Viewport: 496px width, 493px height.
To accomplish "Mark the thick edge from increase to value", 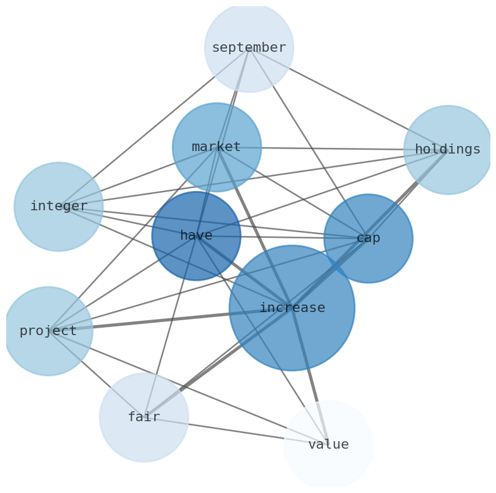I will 310,376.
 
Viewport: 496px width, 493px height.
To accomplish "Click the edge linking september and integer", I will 154,127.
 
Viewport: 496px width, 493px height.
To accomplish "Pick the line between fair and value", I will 236,431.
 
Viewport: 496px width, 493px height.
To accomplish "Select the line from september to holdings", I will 348,99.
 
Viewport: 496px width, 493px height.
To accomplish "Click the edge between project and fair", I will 96,374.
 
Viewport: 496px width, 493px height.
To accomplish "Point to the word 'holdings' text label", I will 448,150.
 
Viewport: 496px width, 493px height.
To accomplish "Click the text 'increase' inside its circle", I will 292,308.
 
